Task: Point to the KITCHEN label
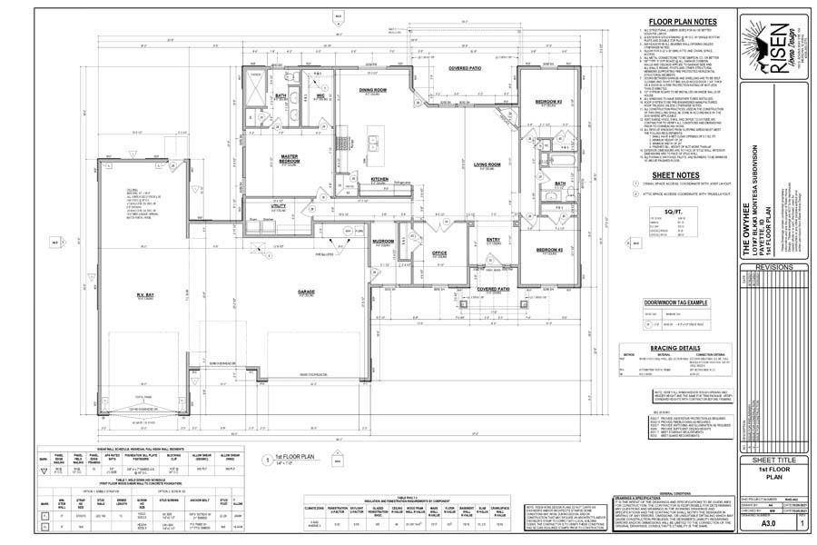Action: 380,179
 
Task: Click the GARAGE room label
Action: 306,292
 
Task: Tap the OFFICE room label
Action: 439,253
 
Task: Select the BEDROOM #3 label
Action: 549,101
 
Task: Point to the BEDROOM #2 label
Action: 549,249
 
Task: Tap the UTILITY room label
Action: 279,206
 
